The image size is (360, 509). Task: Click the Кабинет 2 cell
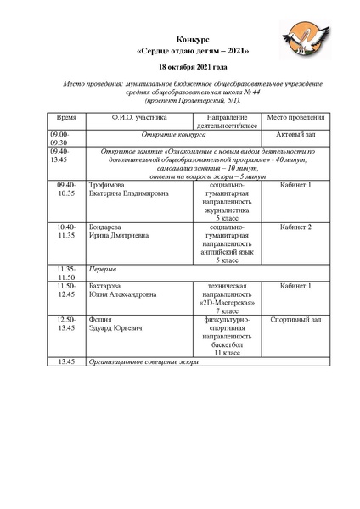pyautogui.click(x=295, y=227)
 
